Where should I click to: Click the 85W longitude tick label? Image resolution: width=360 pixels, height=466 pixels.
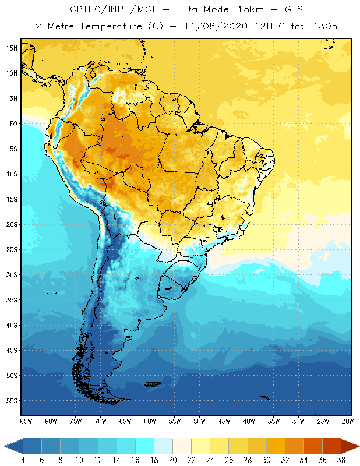tap(26, 421)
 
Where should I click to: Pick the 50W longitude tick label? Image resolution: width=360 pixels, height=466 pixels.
tap(199, 421)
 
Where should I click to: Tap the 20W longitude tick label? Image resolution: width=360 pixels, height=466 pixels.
tap(348, 421)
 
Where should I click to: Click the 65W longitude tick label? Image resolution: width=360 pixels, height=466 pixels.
tap(125, 421)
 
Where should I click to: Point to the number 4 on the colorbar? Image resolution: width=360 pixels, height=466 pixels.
tap(23, 460)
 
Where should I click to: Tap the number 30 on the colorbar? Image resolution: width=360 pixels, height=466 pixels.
tap(266, 460)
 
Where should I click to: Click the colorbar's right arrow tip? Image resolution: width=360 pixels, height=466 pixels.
tap(358, 446)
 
